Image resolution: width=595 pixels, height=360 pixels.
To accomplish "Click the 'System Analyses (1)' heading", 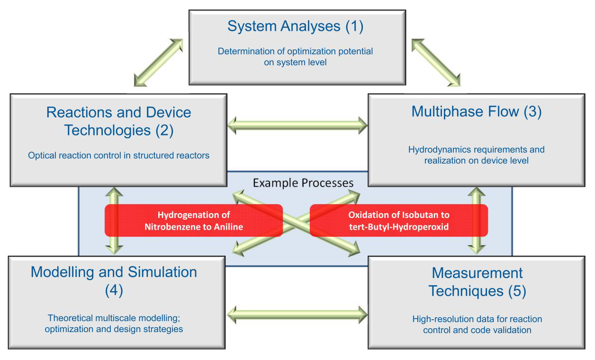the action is point(296,27).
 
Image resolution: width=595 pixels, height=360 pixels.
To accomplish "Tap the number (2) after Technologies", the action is point(164,130).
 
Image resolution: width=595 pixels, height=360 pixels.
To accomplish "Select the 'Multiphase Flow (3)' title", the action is point(476,112).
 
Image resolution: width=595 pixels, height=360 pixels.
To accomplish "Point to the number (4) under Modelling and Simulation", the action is point(114,290).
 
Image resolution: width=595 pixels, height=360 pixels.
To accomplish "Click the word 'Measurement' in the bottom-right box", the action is point(477,273).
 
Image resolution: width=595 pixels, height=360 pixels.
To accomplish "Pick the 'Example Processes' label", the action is point(303,183).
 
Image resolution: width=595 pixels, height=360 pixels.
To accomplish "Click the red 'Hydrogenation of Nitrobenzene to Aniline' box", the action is point(194,221).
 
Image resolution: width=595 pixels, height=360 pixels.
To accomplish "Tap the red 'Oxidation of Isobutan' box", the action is point(399,221).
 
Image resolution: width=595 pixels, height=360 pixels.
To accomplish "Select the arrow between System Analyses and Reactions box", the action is point(158,63).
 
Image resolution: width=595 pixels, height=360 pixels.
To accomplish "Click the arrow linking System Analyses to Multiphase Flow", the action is point(436,63).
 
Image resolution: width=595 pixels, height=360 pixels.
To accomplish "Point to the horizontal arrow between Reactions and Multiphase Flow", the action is point(297,126).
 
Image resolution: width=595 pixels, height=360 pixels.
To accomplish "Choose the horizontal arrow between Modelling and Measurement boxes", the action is point(297,315).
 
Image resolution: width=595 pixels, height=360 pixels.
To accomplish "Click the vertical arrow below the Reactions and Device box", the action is point(114,221).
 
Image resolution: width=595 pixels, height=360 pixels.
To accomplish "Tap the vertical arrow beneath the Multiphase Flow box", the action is point(477,221).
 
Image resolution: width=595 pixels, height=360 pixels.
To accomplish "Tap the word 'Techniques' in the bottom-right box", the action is point(466,291).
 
